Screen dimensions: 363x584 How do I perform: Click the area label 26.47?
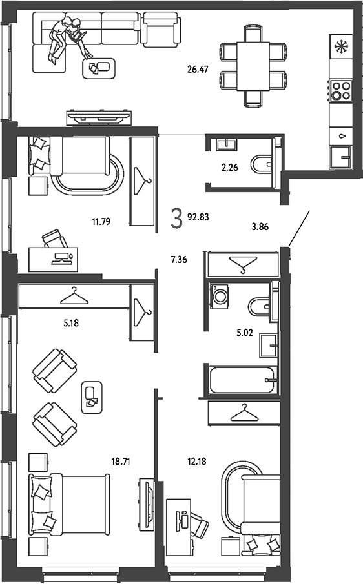point(198,69)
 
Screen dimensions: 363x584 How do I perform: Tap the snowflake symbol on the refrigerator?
point(340,46)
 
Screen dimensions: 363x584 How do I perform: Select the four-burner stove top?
point(341,90)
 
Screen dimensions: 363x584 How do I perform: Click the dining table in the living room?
point(253,66)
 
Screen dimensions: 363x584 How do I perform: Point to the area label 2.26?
point(230,168)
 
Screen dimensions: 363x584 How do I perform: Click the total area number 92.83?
point(198,217)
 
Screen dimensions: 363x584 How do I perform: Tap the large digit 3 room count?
point(176,218)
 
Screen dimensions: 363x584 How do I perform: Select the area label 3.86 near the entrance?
point(260,226)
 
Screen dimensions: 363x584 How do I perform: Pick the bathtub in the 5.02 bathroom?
point(243,380)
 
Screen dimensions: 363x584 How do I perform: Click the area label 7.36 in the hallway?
point(179,260)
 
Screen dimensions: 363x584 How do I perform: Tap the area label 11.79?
point(101,222)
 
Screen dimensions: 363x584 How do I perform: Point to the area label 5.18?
point(71,323)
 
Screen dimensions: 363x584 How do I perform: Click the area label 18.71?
point(121,462)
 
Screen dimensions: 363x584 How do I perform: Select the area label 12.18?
point(196,462)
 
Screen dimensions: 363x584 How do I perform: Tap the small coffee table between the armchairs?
point(92,398)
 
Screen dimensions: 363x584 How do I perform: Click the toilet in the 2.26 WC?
point(262,164)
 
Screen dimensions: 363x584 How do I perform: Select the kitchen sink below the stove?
point(340,157)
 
